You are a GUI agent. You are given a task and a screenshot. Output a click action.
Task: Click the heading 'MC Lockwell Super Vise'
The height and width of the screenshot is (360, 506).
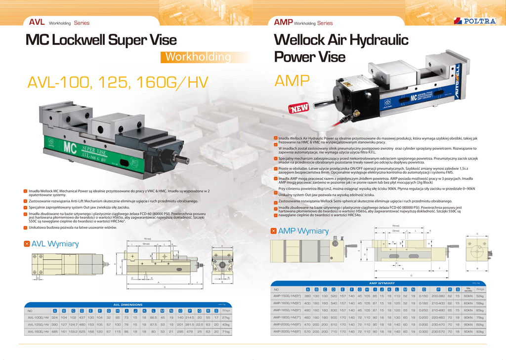tap(101, 40)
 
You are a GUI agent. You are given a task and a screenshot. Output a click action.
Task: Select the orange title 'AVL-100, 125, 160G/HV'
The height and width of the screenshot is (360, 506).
tap(118, 82)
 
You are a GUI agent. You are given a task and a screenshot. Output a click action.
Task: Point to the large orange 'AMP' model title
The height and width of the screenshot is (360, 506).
tap(292, 80)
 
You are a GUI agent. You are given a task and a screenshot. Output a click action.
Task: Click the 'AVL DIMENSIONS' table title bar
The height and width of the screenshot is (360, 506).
tap(127, 305)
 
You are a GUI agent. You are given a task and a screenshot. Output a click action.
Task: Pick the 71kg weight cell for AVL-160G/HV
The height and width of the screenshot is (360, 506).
tap(226, 332)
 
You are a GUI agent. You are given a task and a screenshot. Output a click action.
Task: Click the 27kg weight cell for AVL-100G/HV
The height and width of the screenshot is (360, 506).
tap(226, 317)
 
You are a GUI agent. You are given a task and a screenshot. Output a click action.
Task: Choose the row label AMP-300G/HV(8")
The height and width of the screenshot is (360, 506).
tap(287, 332)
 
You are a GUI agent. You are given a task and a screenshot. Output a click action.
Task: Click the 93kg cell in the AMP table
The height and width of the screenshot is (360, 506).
tap(480, 332)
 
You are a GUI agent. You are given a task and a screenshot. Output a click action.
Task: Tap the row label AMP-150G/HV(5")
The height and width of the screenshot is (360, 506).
tap(287, 296)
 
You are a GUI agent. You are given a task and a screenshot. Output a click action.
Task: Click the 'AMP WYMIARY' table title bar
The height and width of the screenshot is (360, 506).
tap(379, 283)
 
